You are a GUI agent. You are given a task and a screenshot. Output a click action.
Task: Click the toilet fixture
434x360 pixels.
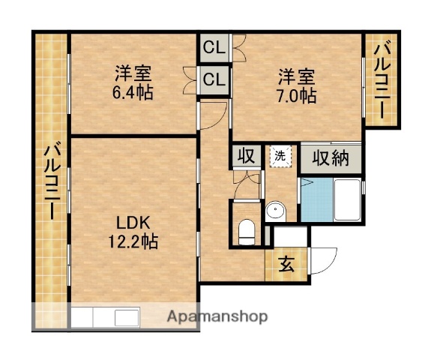click(246, 230)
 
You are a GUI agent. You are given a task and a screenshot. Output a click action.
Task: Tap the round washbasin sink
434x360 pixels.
click(274, 211)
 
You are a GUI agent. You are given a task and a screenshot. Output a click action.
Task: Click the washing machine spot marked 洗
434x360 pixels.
click(280, 157)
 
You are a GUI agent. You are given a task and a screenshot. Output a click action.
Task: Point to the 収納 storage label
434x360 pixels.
click(331, 158)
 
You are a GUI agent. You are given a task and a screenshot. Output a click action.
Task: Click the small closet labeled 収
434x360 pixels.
click(245, 157)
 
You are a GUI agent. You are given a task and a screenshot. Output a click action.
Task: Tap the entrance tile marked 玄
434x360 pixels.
click(286, 265)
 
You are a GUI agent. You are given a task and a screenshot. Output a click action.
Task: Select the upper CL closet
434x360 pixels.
click(214, 49)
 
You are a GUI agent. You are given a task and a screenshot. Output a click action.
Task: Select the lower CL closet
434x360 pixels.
click(214, 79)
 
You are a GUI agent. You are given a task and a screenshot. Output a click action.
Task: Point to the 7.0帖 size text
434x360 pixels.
click(298, 96)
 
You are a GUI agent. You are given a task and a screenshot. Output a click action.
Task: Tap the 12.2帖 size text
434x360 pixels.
click(135, 241)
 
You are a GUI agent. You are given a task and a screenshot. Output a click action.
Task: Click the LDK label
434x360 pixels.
click(133, 223)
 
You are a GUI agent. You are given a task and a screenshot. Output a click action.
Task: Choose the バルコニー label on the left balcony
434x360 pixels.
click(51, 181)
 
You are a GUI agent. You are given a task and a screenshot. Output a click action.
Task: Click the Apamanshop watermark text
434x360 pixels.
click(217, 316)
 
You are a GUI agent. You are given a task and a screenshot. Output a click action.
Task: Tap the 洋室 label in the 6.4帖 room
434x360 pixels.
click(133, 74)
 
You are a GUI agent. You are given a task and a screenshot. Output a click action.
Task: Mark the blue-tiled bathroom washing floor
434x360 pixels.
click(316, 200)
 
